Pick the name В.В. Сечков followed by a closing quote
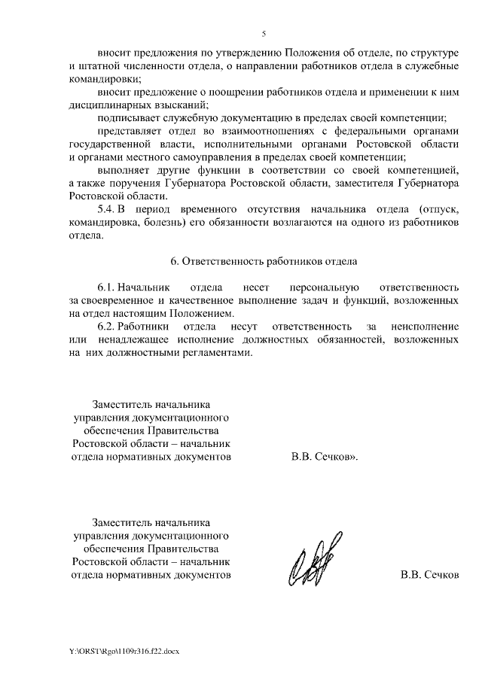pyautogui.click(x=324, y=457)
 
